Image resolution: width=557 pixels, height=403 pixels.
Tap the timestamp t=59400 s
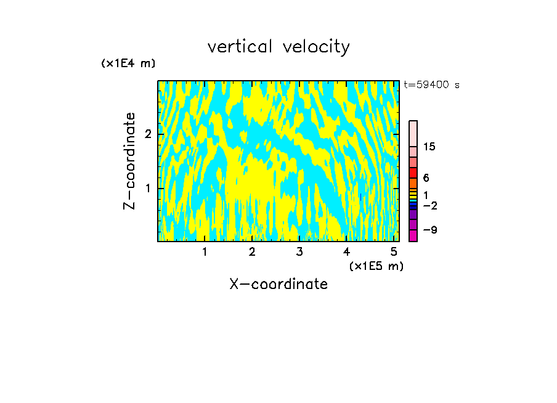[x=431, y=85]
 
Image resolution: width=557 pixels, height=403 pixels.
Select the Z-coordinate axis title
[x=129, y=161]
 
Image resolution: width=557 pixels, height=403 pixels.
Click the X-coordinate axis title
[x=278, y=284]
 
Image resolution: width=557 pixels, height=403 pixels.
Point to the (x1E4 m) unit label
[x=128, y=63]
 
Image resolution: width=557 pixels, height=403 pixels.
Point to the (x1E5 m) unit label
[x=376, y=266]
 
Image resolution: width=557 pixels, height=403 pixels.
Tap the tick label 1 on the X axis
[x=205, y=252]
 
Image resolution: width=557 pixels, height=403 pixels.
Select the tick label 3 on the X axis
[x=299, y=252]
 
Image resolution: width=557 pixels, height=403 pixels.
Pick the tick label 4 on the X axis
[x=347, y=252]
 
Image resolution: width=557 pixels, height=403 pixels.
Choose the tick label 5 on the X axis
[x=394, y=252]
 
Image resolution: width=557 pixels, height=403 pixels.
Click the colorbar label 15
[x=429, y=147]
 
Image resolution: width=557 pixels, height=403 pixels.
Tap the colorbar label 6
[x=426, y=178]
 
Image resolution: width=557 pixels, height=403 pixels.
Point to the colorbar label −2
[x=429, y=206]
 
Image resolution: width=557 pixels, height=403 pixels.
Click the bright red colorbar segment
[x=413, y=173]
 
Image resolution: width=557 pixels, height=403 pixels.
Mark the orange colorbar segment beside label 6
[x=413, y=183]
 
